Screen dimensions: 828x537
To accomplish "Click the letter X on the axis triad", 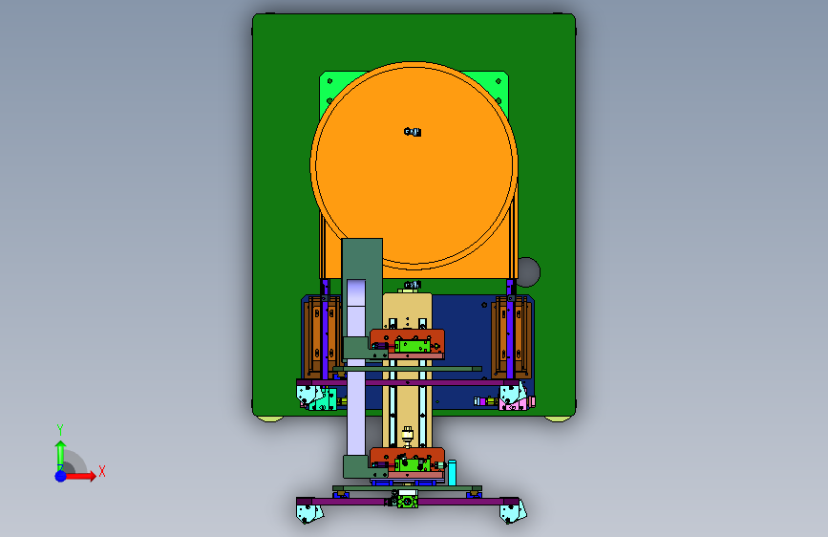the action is (102, 471).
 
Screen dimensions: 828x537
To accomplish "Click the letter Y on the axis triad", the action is (60, 430).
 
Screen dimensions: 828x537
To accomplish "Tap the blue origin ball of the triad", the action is (61, 476).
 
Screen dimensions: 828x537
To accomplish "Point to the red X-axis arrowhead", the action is (92, 476).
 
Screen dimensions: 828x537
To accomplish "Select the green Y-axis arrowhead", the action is (61, 445).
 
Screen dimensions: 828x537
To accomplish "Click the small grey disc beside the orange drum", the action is (528, 272).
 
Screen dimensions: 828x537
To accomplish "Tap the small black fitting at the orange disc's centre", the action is (413, 132).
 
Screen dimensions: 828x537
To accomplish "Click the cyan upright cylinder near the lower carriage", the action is (452, 473).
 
